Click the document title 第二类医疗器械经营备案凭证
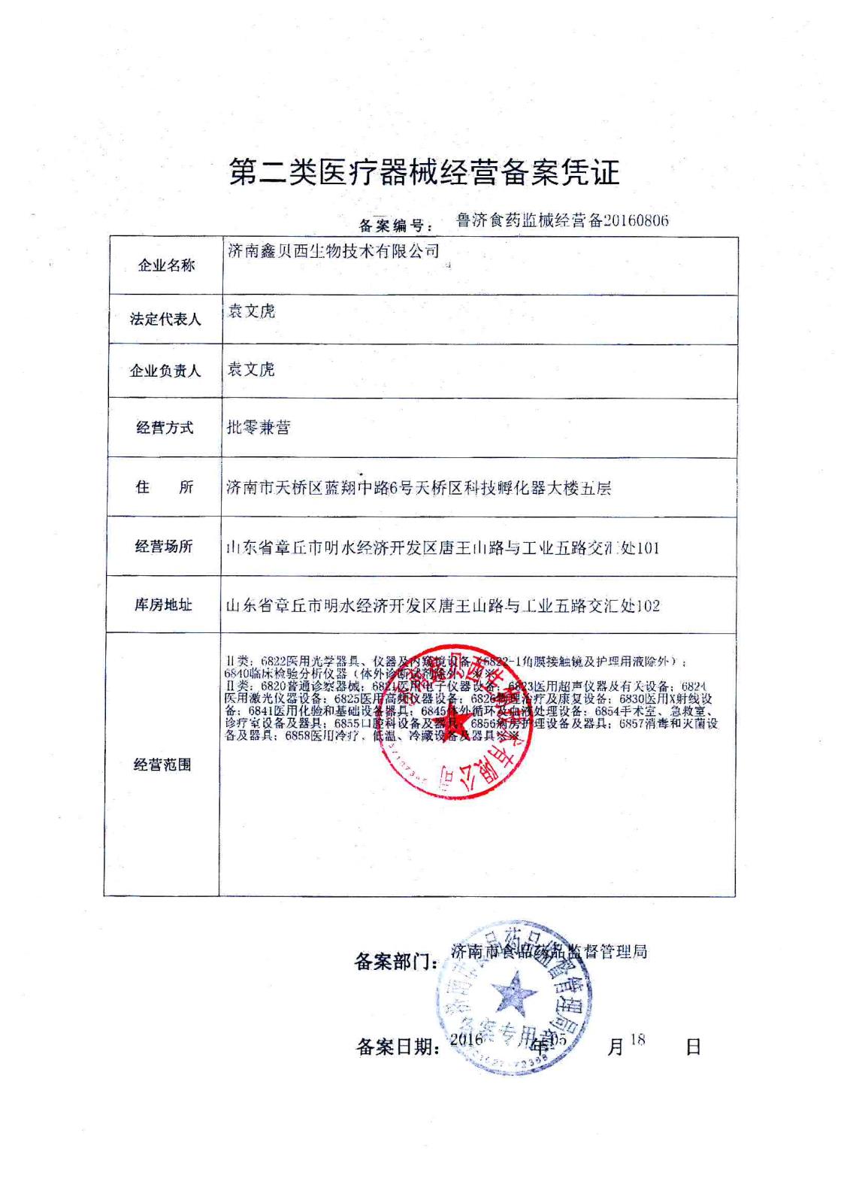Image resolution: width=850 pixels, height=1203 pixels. tap(425, 172)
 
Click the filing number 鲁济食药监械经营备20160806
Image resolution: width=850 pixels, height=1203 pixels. tap(562, 220)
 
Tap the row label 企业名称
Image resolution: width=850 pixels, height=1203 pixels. tap(165, 265)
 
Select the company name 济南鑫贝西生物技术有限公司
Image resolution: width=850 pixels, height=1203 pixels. tap(333, 251)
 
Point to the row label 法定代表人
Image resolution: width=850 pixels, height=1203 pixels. tap(165, 320)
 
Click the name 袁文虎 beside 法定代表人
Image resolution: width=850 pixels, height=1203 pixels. tap(251, 311)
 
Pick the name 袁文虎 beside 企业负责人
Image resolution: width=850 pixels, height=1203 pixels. tap(251, 369)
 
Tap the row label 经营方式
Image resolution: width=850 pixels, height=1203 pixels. tap(165, 428)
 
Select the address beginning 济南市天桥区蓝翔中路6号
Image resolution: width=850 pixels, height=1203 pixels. tap(419, 488)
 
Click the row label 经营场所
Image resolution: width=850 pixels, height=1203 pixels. tap(164, 547)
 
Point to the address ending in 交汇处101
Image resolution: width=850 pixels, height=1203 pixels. tap(443, 547)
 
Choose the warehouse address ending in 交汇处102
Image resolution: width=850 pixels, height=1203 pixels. tap(443, 605)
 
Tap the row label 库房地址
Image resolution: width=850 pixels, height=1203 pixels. tap(164, 605)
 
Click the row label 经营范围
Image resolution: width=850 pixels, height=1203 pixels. tap(162, 765)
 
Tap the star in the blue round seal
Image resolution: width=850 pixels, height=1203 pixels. tap(514, 994)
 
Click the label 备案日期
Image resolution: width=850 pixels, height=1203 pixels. tap(398, 1047)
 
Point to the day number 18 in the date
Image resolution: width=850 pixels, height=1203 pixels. tap(638, 1039)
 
